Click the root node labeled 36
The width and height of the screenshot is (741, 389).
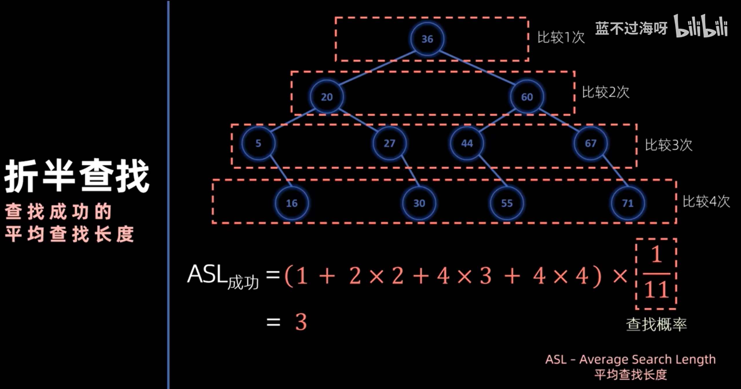click(x=427, y=39)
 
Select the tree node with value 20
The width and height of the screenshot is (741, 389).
click(x=327, y=97)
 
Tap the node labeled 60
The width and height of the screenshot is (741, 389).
click(x=527, y=97)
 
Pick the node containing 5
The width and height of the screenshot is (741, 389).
click(x=258, y=143)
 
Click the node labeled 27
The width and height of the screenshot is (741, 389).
click(x=389, y=143)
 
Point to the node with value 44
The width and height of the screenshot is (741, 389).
click(x=467, y=143)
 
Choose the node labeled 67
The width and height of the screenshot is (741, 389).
click(x=590, y=143)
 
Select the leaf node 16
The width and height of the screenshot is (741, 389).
click(x=292, y=203)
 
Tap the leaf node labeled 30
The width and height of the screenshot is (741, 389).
click(x=419, y=203)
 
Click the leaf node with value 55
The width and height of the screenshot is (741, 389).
click(x=507, y=203)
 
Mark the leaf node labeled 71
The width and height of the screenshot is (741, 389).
click(x=627, y=203)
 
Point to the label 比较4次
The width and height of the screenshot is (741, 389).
click(x=706, y=201)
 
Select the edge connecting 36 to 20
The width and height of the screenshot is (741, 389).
click(x=376, y=69)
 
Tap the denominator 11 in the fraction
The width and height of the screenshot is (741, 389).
click(x=656, y=289)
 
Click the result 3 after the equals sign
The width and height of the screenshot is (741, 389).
click(x=301, y=322)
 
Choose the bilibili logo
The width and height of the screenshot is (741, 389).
click(x=701, y=27)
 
